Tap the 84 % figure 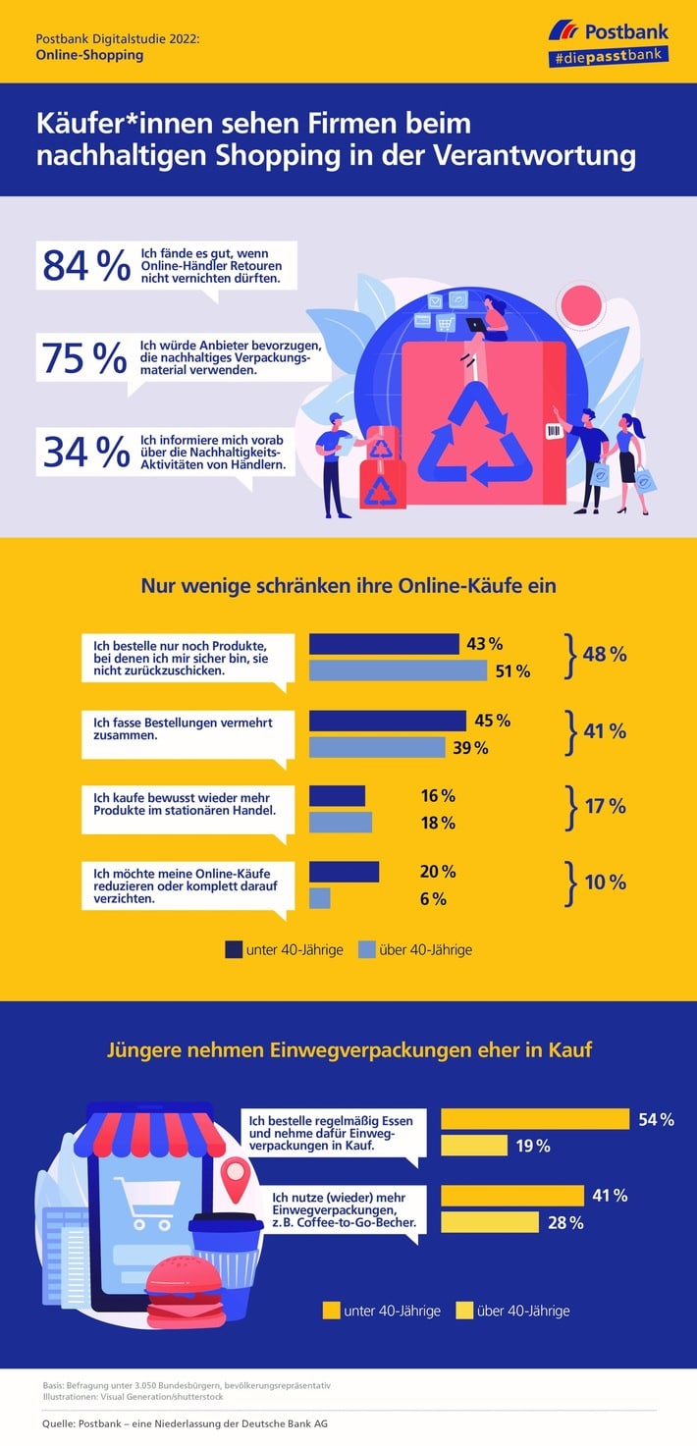coord(85,265)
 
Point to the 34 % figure coord(85,451)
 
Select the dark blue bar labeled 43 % coord(384,644)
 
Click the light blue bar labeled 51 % coord(398,670)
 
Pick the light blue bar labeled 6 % coord(320,898)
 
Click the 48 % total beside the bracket coord(604,655)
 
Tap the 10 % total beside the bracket coord(605,882)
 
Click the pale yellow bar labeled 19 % coord(474,1145)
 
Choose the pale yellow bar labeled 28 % coord(490,1222)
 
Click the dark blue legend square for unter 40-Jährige coord(234,949)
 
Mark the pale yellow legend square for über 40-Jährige coord(464,1310)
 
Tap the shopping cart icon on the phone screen coord(141,1197)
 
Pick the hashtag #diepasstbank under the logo coord(609,58)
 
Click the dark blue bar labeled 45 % coord(388,721)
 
